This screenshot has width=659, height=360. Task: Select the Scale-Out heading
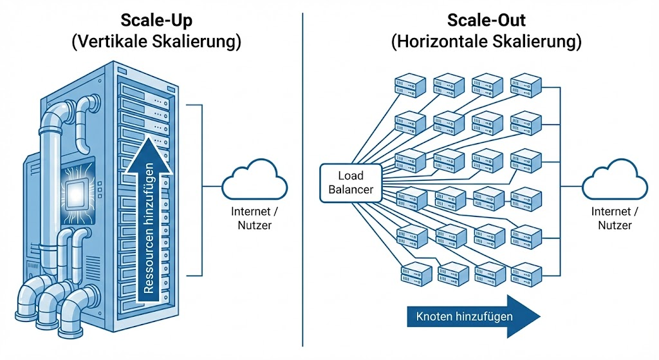[x=487, y=21]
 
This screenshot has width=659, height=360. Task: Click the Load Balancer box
[x=351, y=182]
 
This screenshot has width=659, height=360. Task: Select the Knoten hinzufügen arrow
[x=473, y=316]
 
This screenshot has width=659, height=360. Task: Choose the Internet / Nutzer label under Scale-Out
[x=614, y=218]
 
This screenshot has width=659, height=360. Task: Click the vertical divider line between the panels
[x=302, y=180]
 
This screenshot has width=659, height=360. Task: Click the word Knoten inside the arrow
[x=437, y=316]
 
